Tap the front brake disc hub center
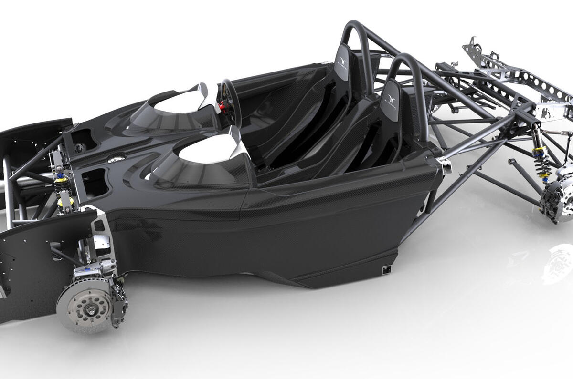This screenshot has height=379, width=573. [x=89, y=306]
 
